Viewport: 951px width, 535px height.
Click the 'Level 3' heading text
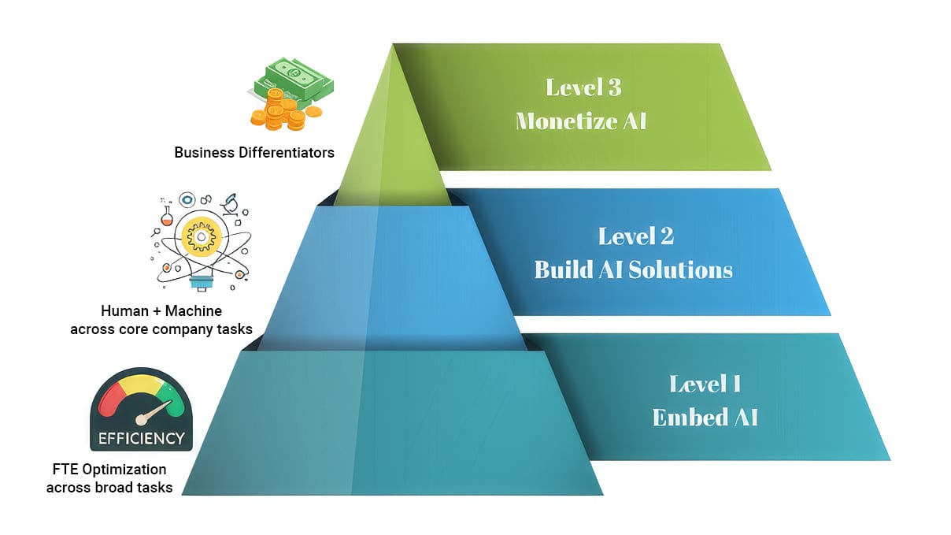583,87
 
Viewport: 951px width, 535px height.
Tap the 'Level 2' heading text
635,236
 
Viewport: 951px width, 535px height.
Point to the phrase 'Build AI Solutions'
633,269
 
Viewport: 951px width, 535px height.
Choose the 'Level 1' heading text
705,384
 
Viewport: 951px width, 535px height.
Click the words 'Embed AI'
705,417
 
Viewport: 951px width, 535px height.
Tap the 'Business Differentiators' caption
254,152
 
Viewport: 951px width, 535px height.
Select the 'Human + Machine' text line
161,311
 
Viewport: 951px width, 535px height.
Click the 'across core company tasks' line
161,329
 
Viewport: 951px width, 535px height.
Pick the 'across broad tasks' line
109,487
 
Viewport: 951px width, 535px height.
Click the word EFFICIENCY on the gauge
141,438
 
